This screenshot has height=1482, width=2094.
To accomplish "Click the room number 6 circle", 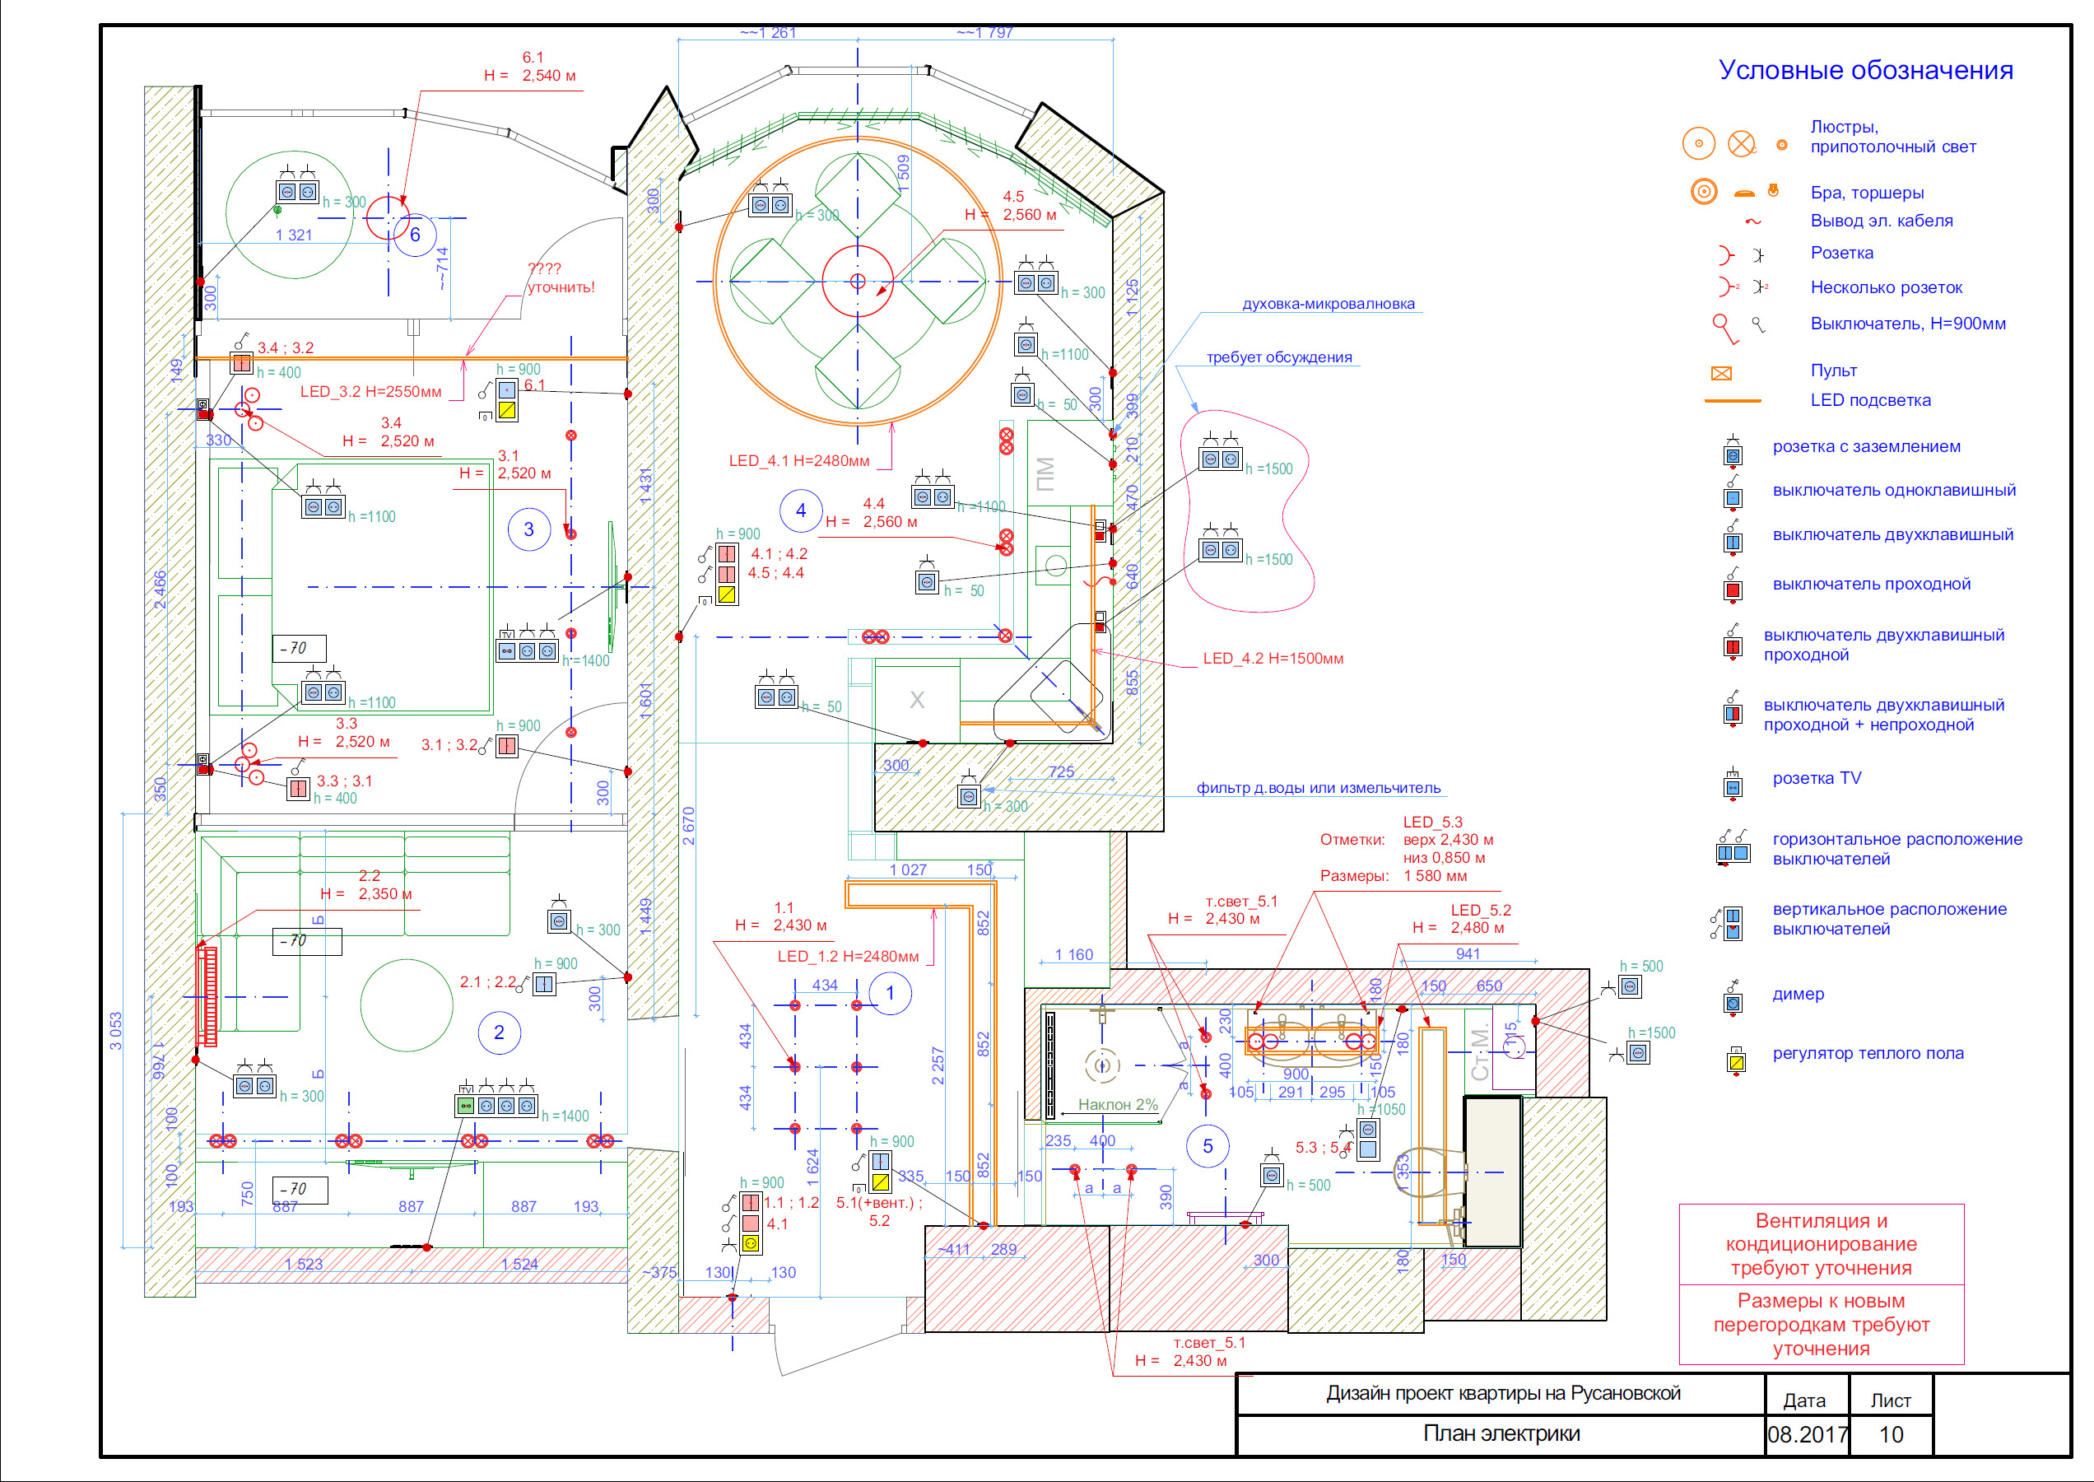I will point(415,235).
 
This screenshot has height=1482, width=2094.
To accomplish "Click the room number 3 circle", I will point(528,529).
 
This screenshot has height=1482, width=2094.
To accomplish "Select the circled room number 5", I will point(1208,1146).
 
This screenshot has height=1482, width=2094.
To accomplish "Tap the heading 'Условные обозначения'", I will point(1865,70).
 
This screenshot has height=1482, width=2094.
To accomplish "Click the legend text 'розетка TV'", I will point(1816,778).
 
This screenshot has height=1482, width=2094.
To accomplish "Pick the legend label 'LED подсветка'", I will point(1869,401).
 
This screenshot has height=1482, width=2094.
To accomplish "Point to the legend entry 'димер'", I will point(1798,994).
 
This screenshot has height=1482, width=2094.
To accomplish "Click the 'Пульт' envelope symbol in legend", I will point(1721,373).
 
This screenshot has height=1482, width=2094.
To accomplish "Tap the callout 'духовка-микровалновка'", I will point(1328,304).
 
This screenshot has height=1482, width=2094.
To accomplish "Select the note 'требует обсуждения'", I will point(1278,357).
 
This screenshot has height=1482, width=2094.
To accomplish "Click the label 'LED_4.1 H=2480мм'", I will point(798,461).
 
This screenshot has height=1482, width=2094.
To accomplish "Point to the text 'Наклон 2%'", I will point(1117,1104).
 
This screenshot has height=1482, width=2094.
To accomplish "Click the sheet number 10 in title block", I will point(1891,1434).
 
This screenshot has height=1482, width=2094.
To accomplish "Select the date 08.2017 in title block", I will point(1807,1434).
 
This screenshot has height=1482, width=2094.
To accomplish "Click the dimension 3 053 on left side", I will point(116,1031).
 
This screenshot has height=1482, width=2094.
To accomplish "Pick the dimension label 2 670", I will point(689,826).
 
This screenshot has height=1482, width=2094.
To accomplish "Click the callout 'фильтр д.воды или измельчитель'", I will point(1318,789).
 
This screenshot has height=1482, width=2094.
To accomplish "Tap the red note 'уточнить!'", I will point(561,287).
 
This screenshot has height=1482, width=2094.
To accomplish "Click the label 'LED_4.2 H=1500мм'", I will point(1272,659).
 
